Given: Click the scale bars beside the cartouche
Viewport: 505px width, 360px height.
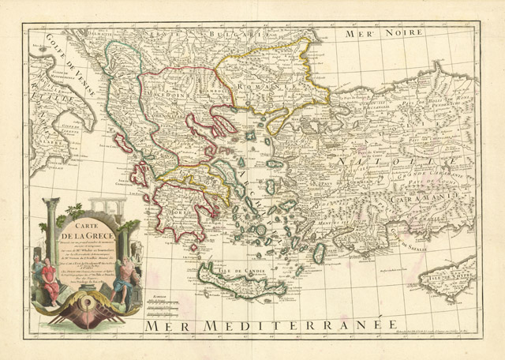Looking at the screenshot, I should pyautogui.click(x=159, y=303).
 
